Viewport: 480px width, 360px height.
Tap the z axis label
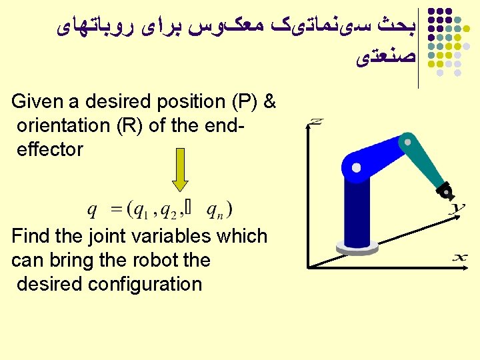point(316,122)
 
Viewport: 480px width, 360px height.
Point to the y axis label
point(457,210)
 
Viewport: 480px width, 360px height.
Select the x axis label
point(460,257)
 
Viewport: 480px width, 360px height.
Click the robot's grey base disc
point(357,248)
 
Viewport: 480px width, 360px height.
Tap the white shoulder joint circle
point(357,169)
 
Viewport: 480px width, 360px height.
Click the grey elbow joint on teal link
point(403,141)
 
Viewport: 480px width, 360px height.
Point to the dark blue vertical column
point(357,210)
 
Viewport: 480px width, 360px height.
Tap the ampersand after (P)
point(270,102)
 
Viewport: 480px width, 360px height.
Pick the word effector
point(50,149)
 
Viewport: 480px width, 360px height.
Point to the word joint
point(113,236)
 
